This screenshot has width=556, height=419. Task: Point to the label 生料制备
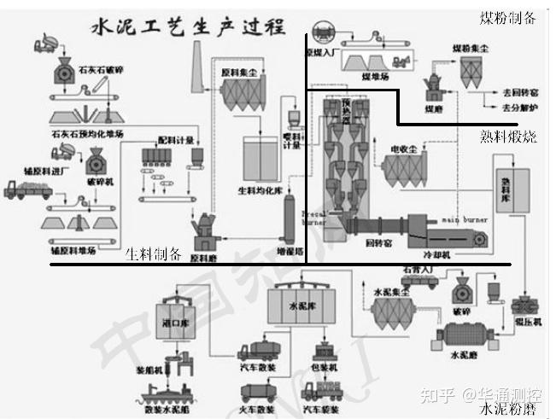pyautogui.click(x=154, y=253)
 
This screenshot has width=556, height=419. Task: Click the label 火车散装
pyautogui.click(x=257, y=409)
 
